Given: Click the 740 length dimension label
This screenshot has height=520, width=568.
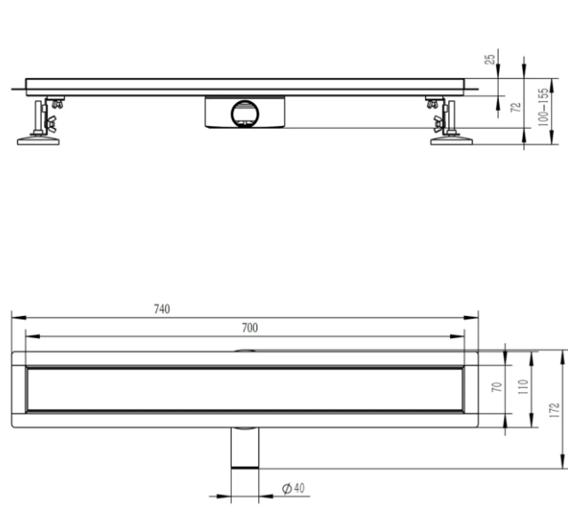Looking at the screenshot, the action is tap(162, 309).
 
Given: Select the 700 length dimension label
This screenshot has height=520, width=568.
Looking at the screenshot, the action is tap(250, 327).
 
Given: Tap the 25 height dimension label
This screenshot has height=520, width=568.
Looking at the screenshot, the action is tap(489, 59).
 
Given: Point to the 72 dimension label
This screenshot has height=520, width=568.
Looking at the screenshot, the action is tap(516, 107).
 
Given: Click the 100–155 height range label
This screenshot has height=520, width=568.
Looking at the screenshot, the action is tap(543, 107).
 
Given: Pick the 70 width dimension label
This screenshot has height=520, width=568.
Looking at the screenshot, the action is tap(497, 387).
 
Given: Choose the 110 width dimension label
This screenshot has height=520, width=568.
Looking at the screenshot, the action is tap(524, 387).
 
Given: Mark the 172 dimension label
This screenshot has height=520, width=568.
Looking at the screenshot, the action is tap(555, 410).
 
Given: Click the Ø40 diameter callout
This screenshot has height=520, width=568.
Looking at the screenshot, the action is tap(294, 488).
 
